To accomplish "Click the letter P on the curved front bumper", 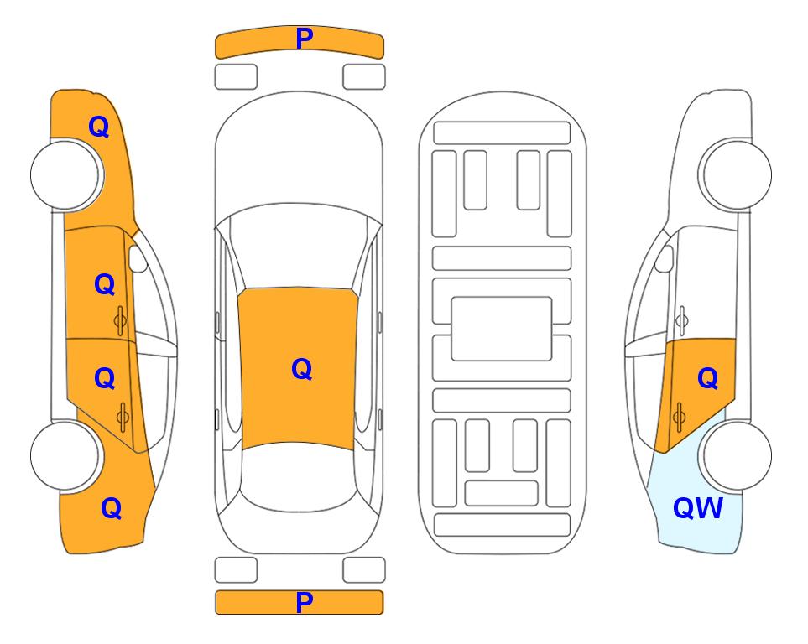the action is point(304,39).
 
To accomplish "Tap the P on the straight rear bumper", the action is point(304,602).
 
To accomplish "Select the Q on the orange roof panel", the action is point(302,369).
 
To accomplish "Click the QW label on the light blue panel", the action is point(698,508).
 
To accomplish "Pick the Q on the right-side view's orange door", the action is point(708,378).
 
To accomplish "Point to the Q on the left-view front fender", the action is point(99,127).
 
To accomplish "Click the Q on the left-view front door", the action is point(105,284).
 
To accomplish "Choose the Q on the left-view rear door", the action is point(105,378).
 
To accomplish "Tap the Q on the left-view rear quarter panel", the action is point(112,508).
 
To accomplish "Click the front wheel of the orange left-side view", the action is point(66,175).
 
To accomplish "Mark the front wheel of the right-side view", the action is point(735,174).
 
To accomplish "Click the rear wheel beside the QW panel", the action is point(735,455).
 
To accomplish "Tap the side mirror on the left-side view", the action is point(137,258).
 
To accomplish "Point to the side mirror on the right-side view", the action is point(665,258).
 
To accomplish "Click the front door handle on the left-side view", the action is point(121,321).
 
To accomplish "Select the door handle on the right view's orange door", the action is point(679,417).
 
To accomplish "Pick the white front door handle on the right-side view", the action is point(682,320).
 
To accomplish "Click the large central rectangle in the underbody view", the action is point(502,329).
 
